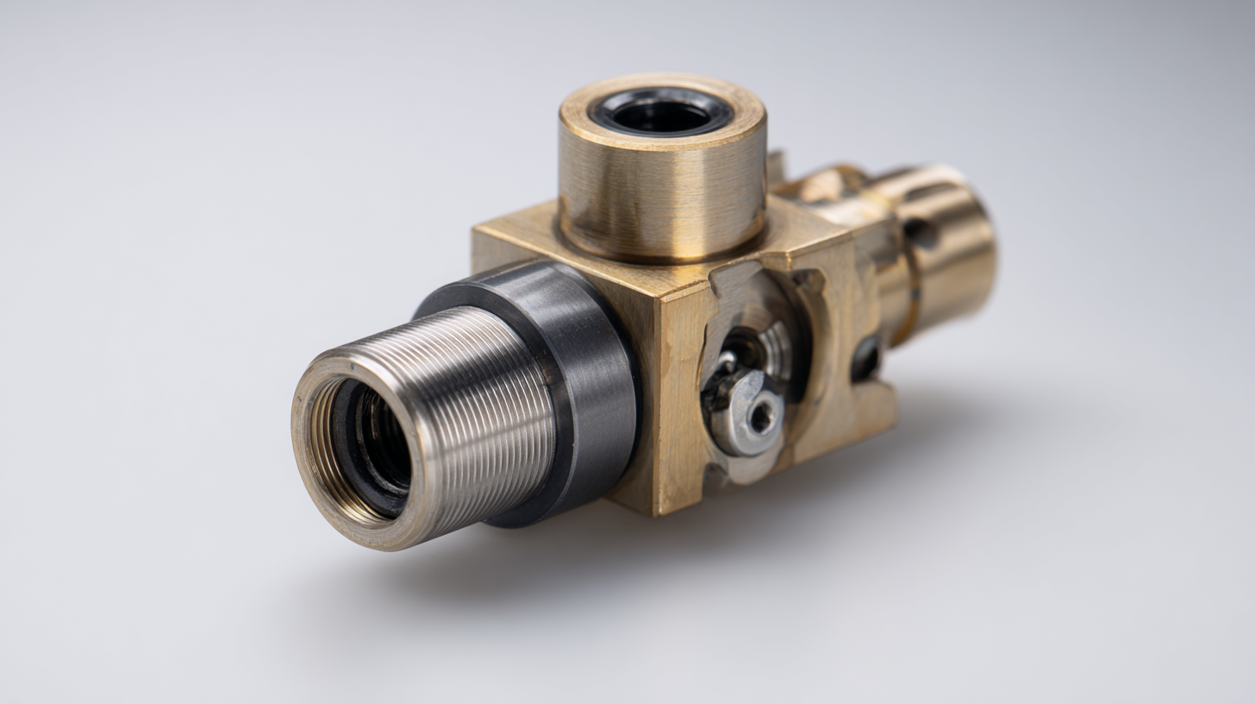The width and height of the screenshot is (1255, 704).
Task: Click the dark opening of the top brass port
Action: click(x=662, y=113)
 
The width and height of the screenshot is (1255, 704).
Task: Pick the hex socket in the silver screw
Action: click(x=760, y=417)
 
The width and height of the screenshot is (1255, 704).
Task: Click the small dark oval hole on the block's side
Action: click(x=865, y=358)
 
